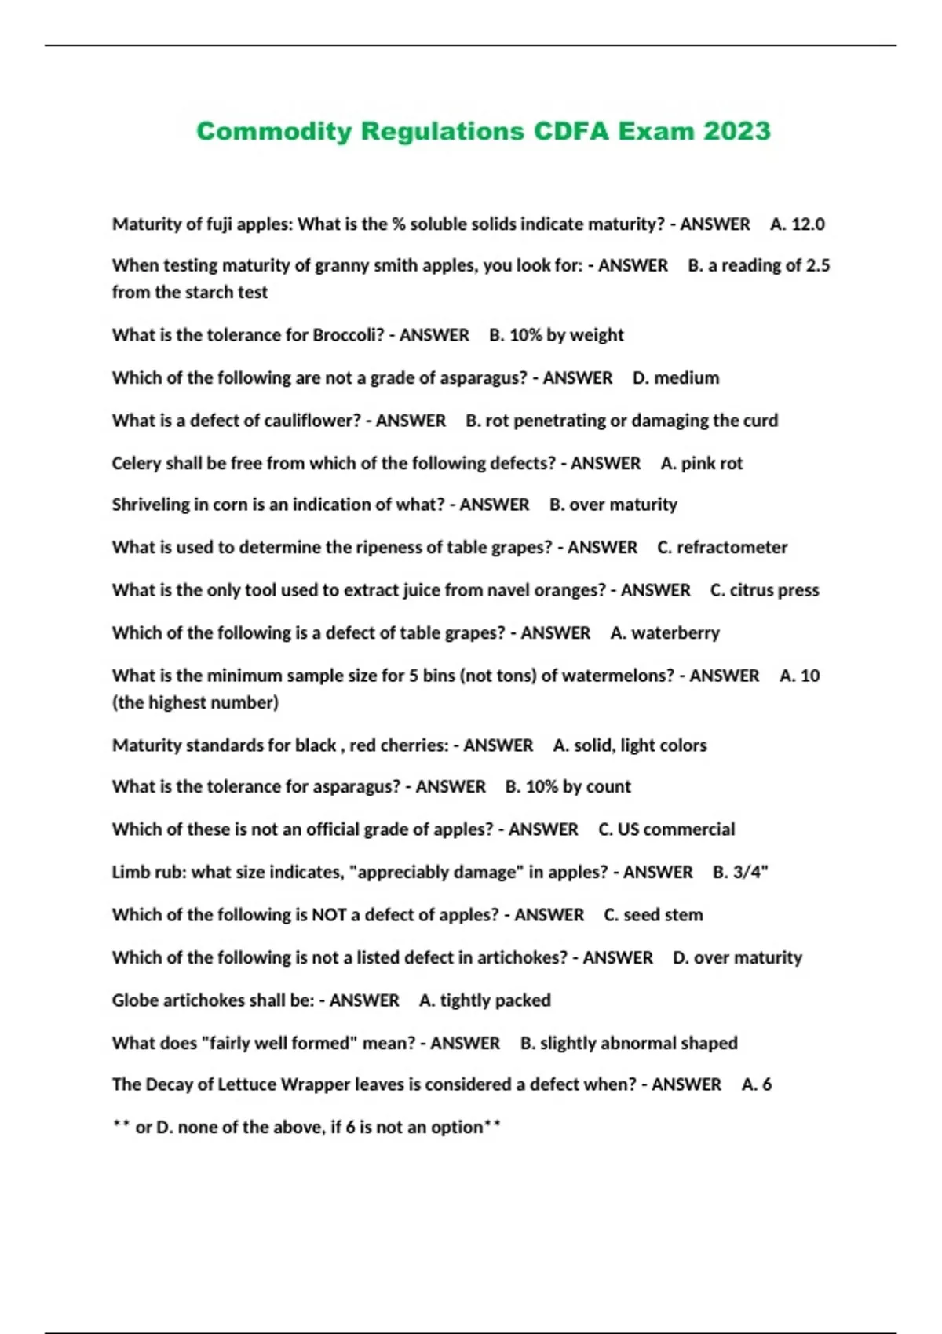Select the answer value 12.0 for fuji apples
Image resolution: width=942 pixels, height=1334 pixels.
pos(808,224)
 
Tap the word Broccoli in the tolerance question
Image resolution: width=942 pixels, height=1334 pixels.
pos(349,335)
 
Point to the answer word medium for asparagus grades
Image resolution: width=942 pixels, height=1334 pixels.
pos(687,378)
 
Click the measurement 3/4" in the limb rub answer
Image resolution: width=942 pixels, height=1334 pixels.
pos(750,873)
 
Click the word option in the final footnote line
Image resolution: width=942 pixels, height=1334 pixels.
pos(457,1128)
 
